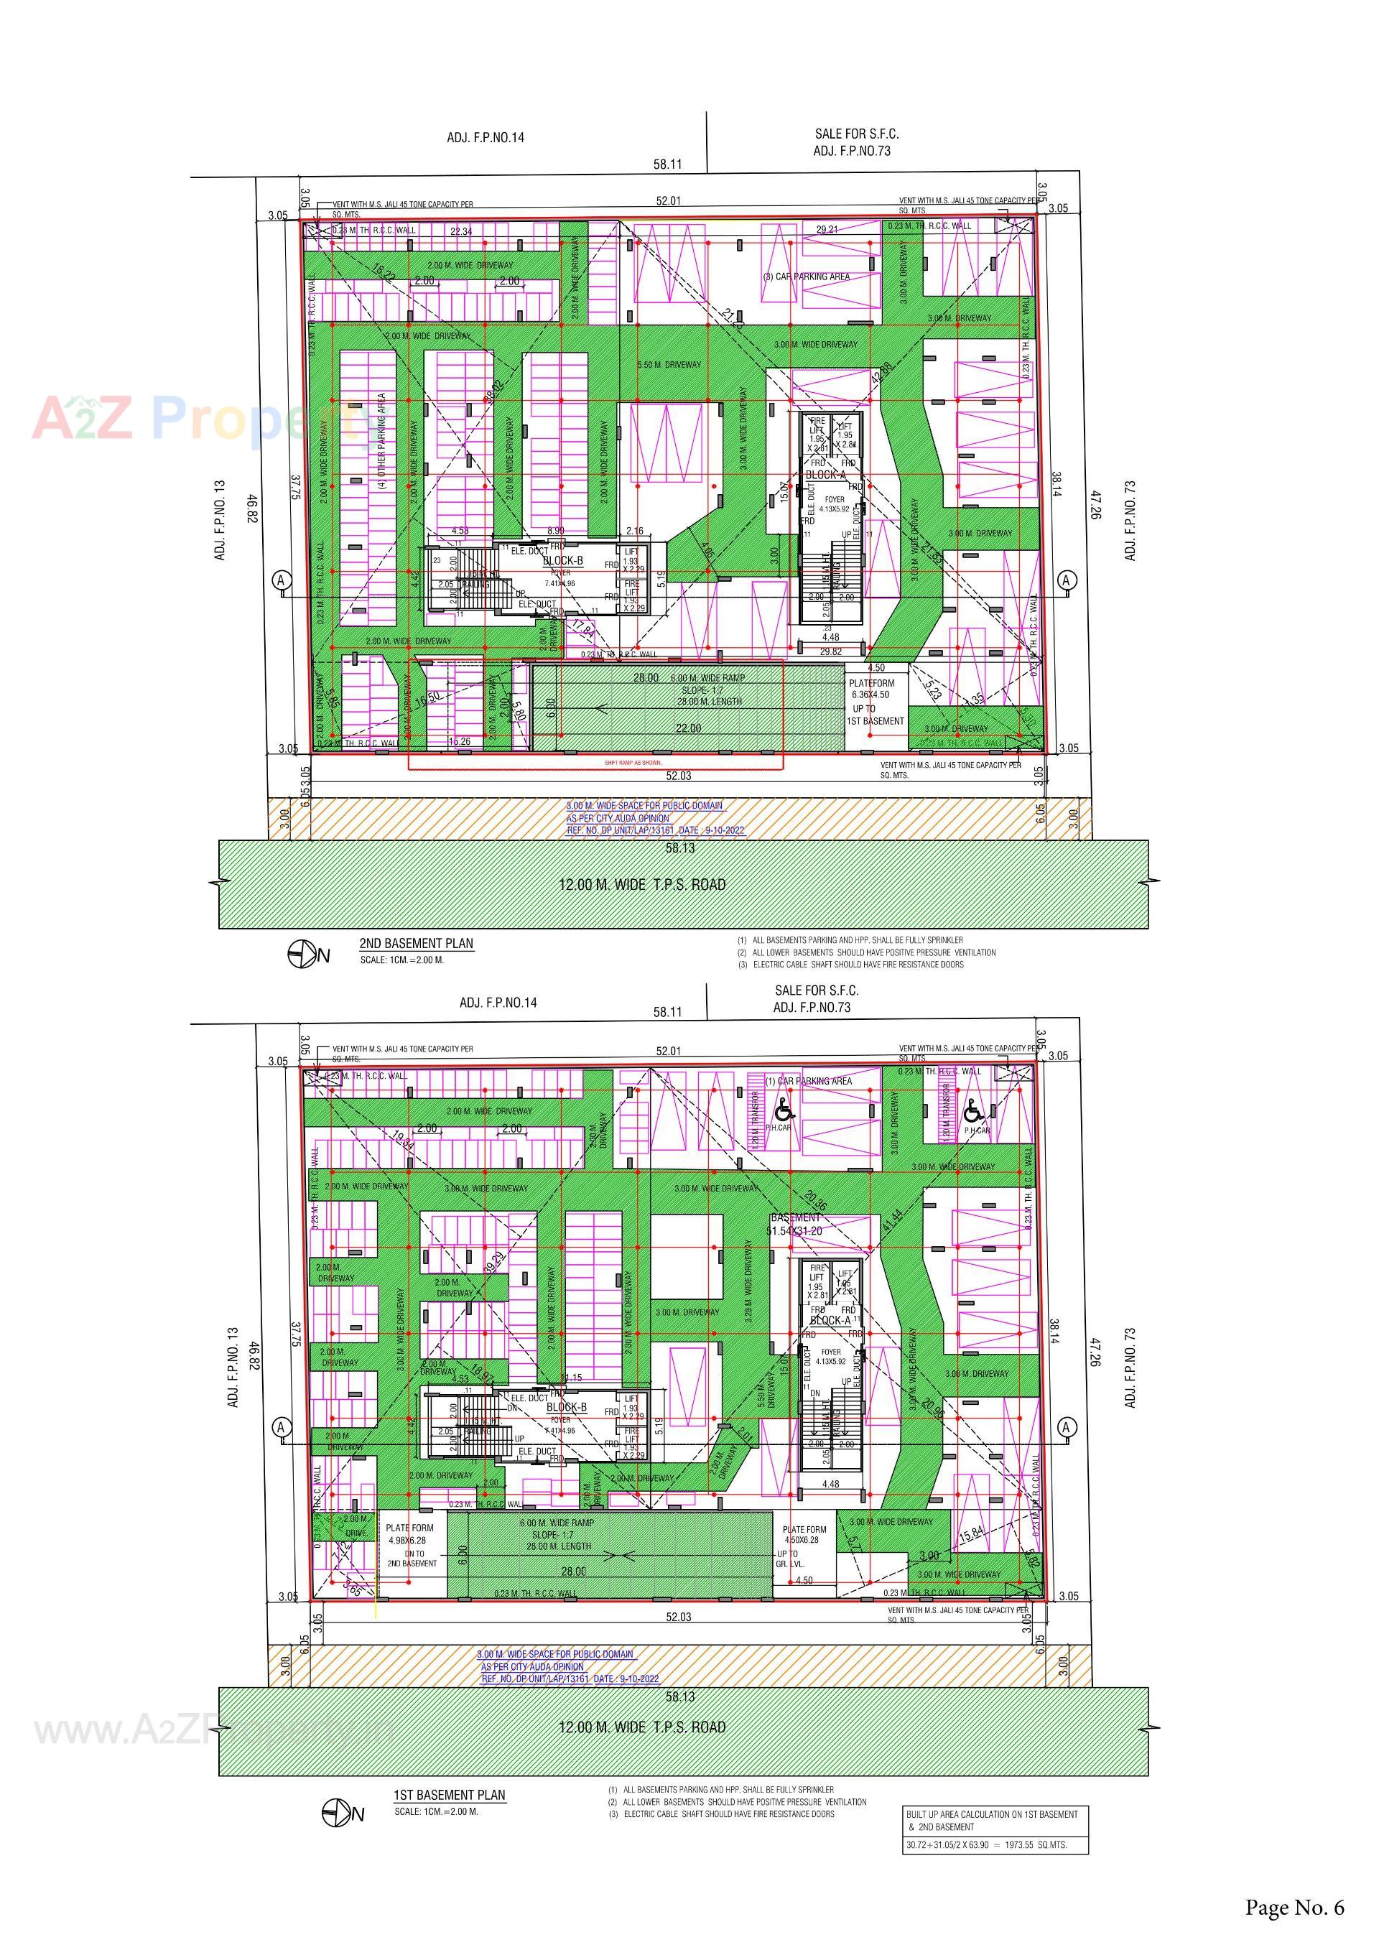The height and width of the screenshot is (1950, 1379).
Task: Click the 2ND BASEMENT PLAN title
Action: click(416, 943)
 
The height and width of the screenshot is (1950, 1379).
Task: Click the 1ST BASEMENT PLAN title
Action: click(449, 1795)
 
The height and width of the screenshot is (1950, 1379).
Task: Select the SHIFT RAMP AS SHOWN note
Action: click(633, 763)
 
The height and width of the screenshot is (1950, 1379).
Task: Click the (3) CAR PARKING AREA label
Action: click(806, 277)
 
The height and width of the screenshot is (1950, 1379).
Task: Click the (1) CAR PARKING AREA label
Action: click(809, 1081)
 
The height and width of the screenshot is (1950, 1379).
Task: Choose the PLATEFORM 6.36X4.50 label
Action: click(871, 689)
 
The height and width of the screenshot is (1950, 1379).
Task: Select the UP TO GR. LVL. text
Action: click(787, 1559)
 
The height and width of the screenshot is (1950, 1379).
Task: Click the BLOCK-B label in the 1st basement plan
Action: click(567, 1407)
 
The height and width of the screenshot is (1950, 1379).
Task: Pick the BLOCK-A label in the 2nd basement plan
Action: click(825, 475)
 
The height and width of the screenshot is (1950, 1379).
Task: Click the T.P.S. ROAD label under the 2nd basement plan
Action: click(642, 884)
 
